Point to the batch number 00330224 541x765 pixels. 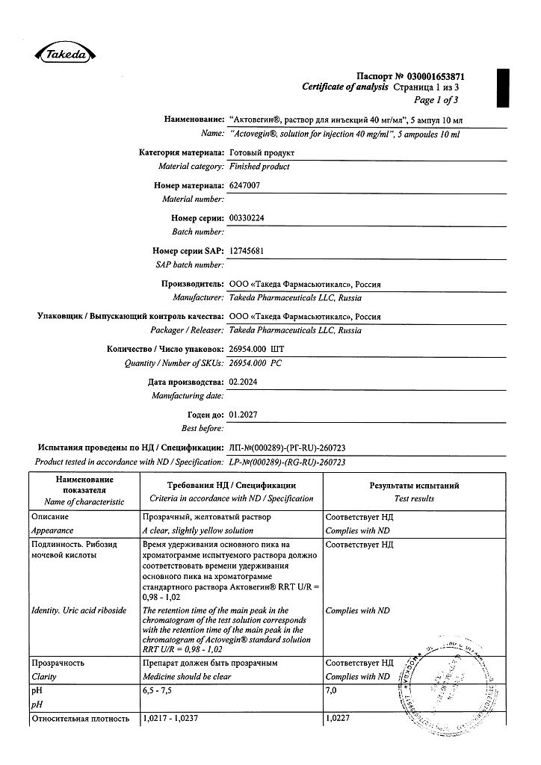(x=252, y=218)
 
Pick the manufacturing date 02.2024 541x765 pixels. (x=247, y=382)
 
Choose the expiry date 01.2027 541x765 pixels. (x=246, y=414)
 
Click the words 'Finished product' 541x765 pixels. (x=259, y=167)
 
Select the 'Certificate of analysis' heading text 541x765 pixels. (x=345, y=87)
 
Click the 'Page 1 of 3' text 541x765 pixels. (x=436, y=100)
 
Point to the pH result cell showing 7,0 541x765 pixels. (x=332, y=691)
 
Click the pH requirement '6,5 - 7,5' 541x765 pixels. (x=157, y=691)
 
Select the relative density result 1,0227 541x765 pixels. (x=339, y=718)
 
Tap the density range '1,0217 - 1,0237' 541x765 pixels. (x=172, y=718)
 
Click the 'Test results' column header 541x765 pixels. (x=414, y=498)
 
